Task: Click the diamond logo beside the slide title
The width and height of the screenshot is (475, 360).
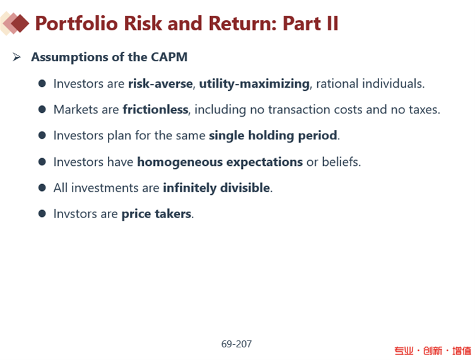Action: pos(15,23)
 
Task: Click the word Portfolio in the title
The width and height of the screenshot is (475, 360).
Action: pos(76,23)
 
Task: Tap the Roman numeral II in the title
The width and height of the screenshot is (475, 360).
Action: pos(332,23)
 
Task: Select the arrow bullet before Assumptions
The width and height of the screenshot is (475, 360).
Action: pos(16,57)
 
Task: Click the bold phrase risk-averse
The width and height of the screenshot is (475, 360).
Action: pos(160,84)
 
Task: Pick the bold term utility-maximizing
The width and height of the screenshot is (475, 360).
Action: pos(254,84)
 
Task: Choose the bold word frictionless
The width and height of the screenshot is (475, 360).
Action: pos(155,110)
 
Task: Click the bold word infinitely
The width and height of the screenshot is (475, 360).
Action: pos(190,188)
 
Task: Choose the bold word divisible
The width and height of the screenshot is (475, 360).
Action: pos(245,188)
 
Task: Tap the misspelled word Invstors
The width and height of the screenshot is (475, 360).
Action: pos(75,214)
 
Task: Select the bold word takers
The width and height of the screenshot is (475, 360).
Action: pos(173,214)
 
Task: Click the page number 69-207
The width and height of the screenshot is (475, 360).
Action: pos(237,344)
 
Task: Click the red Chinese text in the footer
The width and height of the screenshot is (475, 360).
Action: pos(433,351)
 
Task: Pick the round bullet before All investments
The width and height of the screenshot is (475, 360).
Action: pos(42,188)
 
